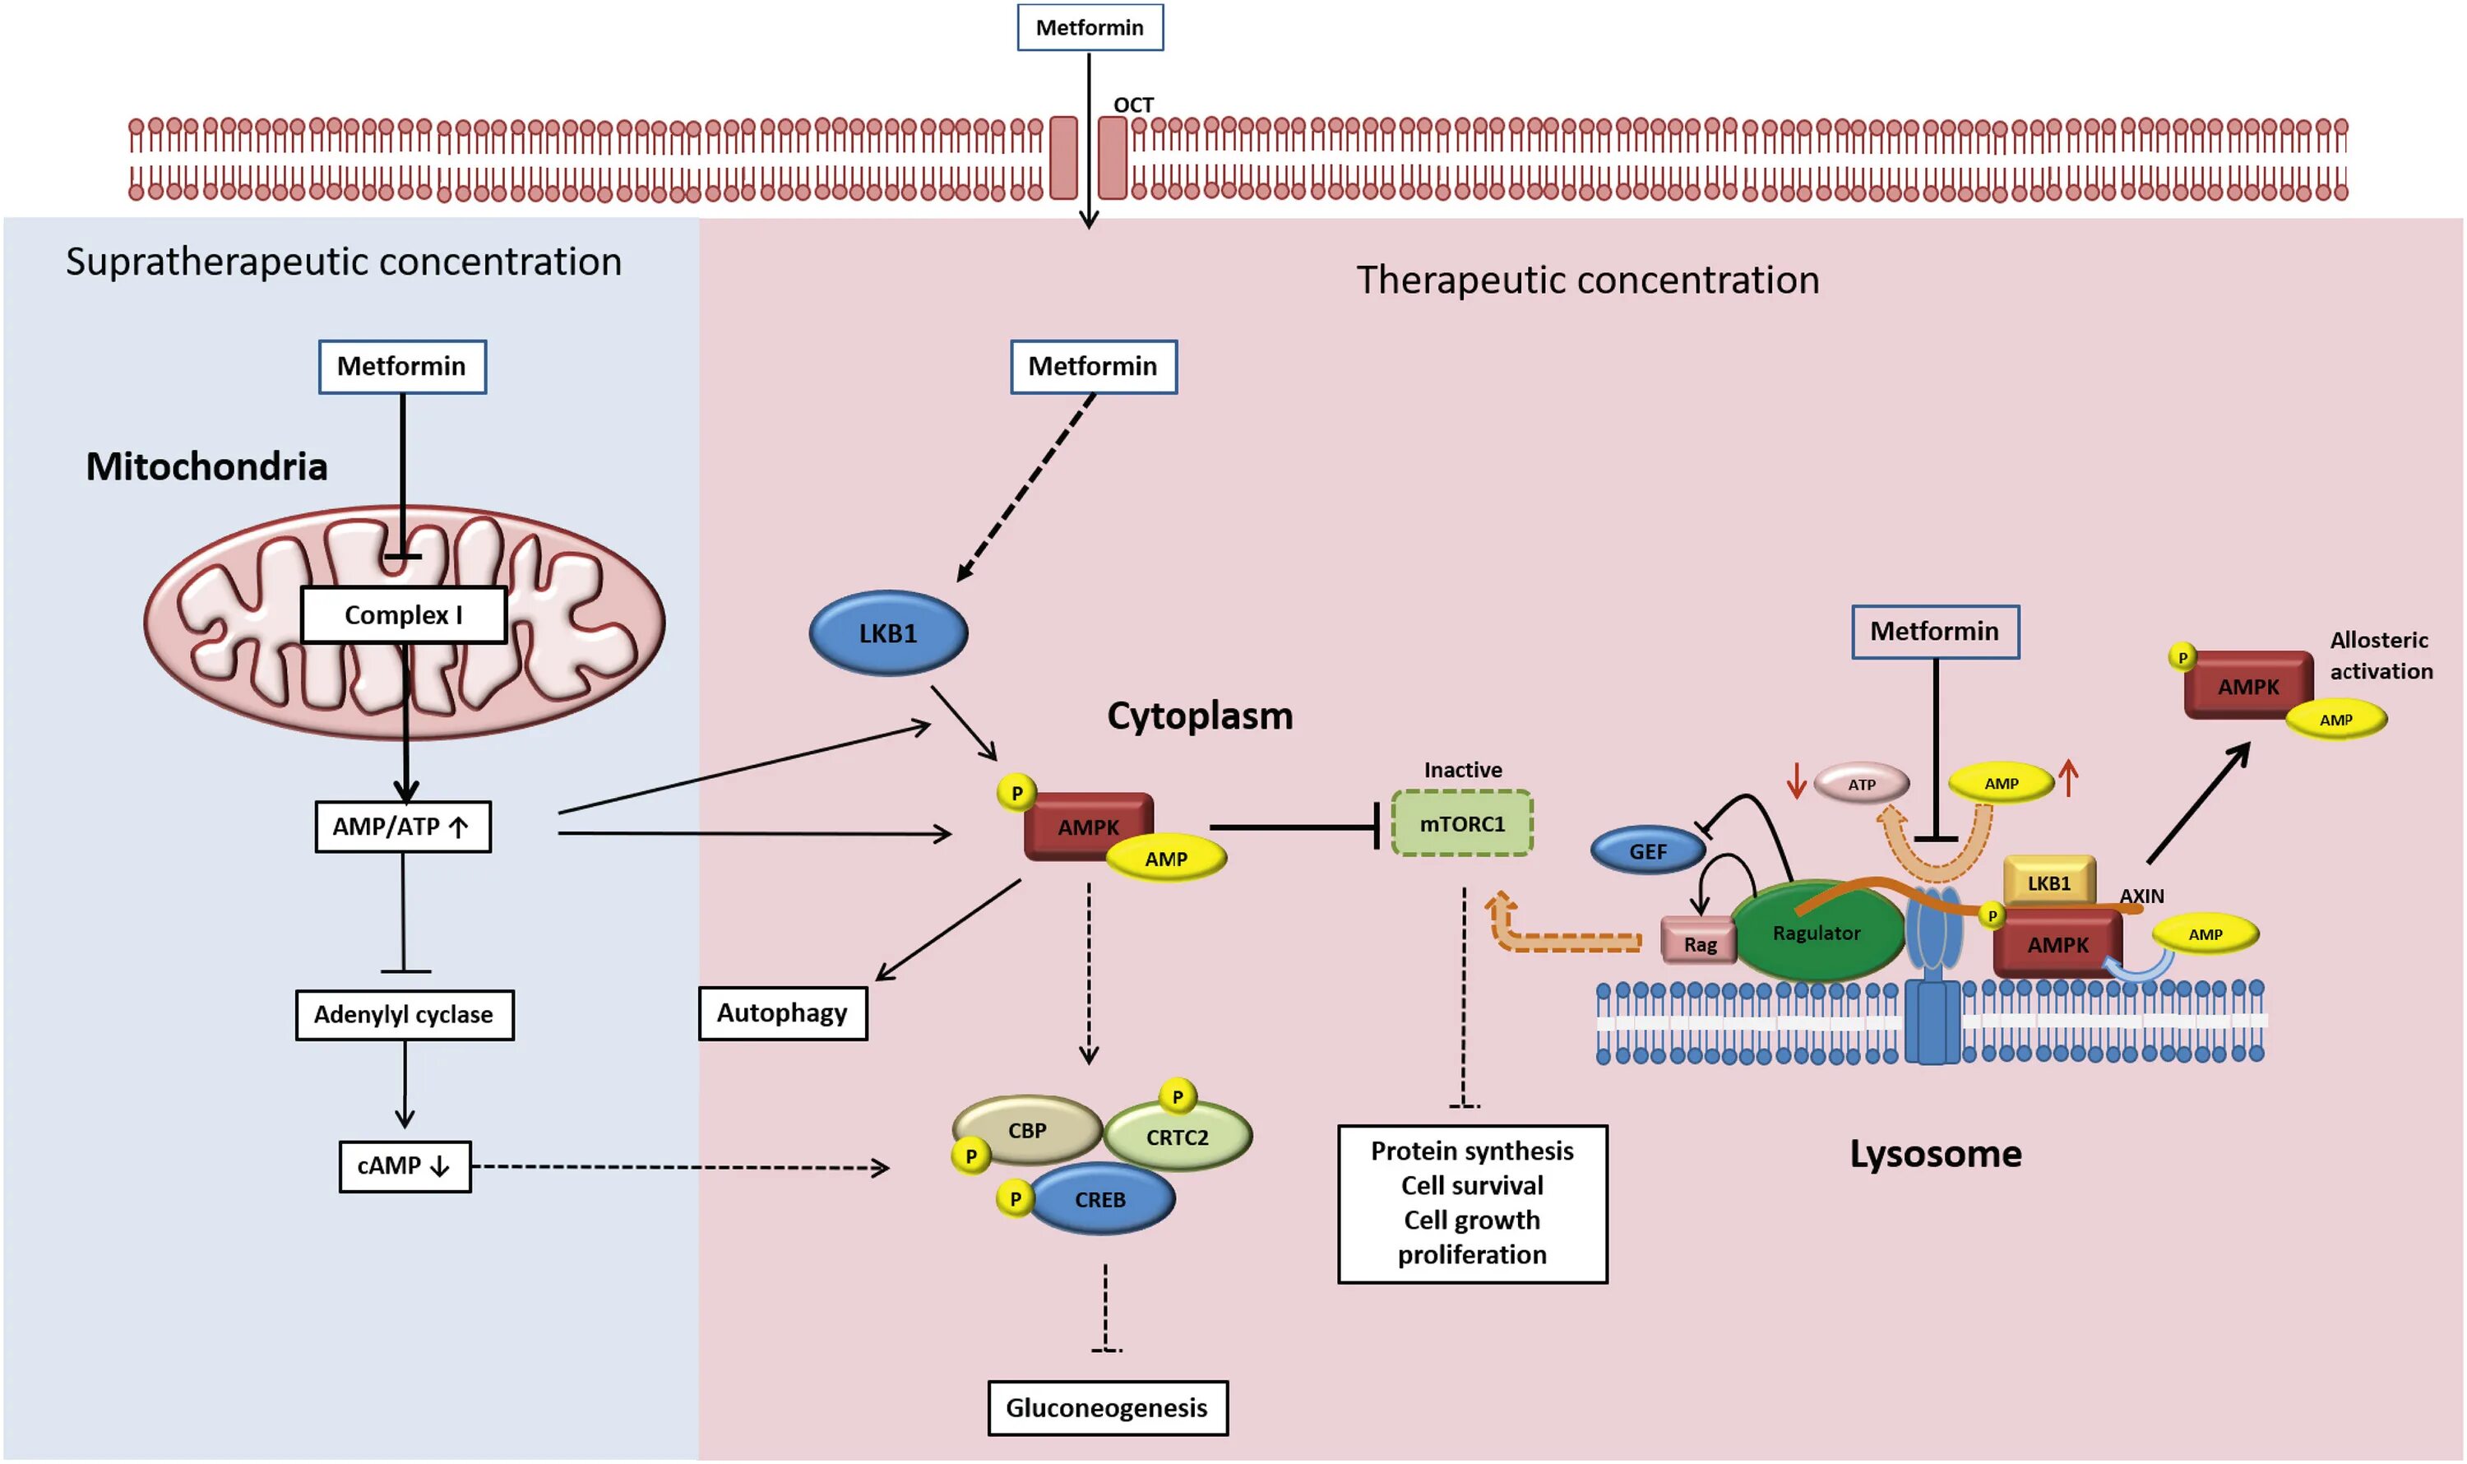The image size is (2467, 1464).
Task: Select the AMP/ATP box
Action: point(402,827)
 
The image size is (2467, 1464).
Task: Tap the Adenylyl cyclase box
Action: point(405,1015)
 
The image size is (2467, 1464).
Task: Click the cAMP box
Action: point(405,1166)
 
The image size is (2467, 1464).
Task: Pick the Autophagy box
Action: point(782,1013)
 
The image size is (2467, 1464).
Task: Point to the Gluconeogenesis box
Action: point(1107,1408)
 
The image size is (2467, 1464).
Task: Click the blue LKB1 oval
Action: point(888,633)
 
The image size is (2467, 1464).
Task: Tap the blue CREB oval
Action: point(1101,1200)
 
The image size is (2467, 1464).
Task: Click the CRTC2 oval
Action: point(1178,1137)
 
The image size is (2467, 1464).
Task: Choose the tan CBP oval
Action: point(1027,1131)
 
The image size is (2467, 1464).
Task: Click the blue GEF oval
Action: point(1647,851)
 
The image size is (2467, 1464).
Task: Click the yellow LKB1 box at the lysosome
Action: point(2048,882)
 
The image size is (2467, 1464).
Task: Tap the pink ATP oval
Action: point(1861,785)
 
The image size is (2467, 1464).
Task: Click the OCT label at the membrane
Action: point(1133,104)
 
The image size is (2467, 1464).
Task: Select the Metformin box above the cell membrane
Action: point(1090,28)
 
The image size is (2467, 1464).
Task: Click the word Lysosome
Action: point(1935,1154)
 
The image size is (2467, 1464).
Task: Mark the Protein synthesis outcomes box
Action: point(1472,1203)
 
